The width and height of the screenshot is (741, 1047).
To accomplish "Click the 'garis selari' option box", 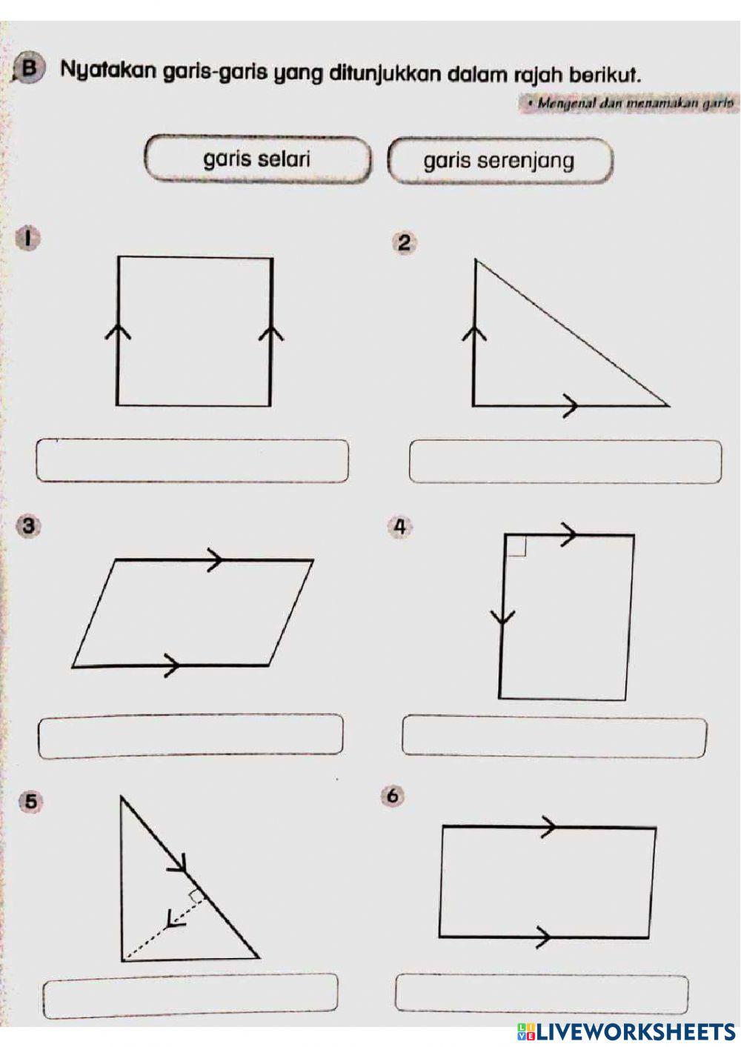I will point(256,159).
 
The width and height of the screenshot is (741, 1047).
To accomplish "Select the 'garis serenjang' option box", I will point(499,160).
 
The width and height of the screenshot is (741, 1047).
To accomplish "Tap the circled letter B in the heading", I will point(29,69).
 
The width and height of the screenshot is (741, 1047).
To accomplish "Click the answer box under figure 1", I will point(192,461).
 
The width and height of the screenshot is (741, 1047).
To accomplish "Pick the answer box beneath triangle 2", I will point(565,462).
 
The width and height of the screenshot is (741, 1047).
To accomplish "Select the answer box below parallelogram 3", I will point(190,736).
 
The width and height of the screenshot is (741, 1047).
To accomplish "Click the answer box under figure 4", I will point(554,736).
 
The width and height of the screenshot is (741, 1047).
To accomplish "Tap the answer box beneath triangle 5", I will point(190,997).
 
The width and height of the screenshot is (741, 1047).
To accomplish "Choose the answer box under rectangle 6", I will point(542,994).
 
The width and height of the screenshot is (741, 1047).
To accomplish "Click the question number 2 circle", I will point(405,243).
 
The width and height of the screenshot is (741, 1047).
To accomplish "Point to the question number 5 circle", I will point(30,801).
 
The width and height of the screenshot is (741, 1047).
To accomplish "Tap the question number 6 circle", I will point(393,796).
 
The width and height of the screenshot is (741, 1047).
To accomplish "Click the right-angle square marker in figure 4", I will point(516,546).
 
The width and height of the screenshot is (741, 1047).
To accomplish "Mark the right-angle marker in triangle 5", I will point(196,897).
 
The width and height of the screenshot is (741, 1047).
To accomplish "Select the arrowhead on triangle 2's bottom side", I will point(570,405).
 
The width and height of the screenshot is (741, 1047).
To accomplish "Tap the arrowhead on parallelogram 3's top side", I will point(215,560).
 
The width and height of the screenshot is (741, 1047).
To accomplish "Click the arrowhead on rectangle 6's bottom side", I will point(544,937).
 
